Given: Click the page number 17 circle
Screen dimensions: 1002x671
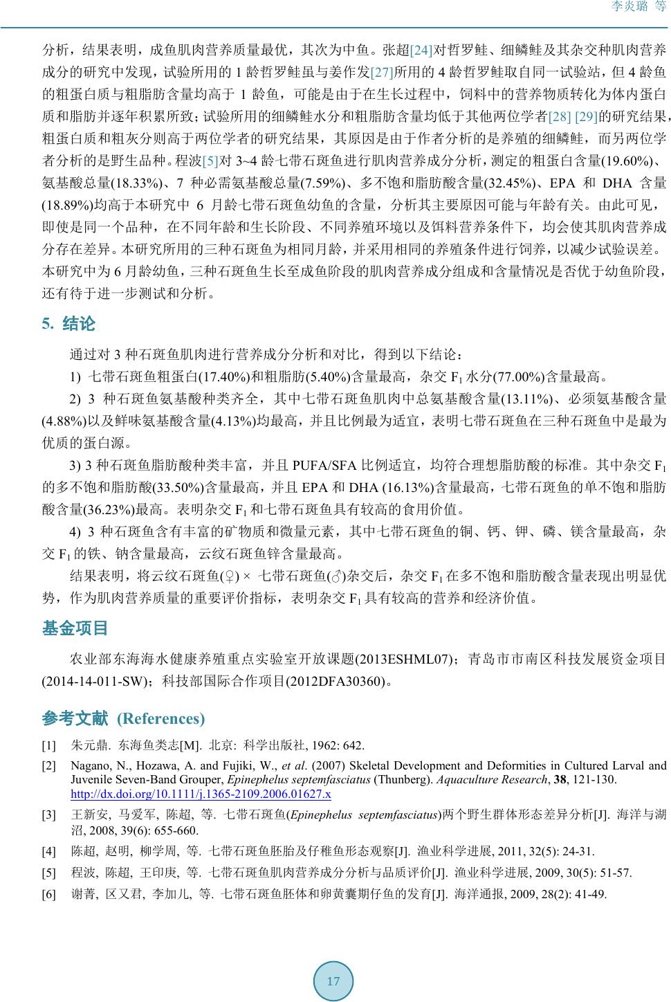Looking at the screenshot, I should [x=333, y=981].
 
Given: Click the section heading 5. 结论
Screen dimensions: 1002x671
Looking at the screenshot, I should [x=68, y=324].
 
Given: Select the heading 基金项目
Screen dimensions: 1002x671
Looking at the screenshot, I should [x=75, y=628].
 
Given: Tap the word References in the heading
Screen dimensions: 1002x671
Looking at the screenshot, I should [x=161, y=718].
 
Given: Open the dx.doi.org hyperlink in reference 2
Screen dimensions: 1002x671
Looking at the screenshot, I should [x=201, y=794].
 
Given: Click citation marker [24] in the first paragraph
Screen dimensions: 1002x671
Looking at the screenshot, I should [x=421, y=50].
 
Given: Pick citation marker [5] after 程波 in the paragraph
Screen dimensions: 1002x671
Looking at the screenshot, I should [x=210, y=161].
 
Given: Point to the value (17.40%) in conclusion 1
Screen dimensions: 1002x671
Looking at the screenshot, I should [x=222, y=377].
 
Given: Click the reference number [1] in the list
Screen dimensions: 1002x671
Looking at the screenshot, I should [x=48, y=745].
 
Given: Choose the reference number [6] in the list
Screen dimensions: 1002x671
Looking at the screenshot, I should [x=48, y=894].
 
